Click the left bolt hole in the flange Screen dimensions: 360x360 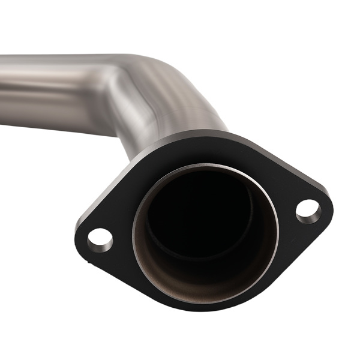[x=100, y=239]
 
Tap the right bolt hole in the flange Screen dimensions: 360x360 [x=308, y=211]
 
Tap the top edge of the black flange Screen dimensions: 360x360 [x=198, y=136]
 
